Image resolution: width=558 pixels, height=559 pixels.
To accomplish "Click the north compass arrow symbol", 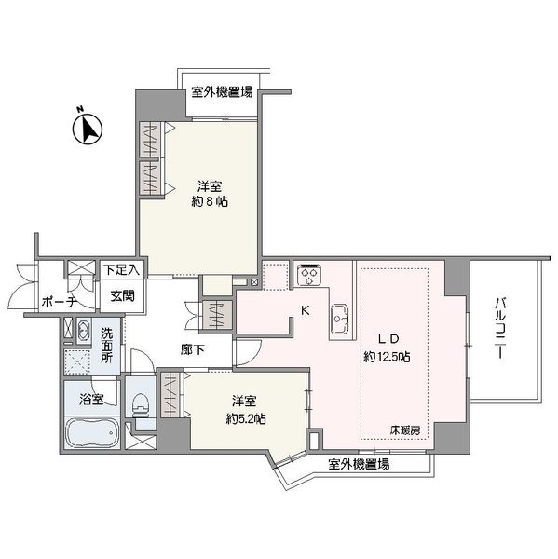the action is tap(88, 129).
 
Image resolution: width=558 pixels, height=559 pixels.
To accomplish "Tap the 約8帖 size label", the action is tap(210, 202).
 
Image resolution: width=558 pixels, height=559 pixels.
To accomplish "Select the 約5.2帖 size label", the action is tap(246, 419).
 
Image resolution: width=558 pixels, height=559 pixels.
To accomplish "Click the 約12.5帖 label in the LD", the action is tap(387, 356).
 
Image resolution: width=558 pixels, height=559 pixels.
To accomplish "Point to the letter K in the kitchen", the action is tap(306, 310).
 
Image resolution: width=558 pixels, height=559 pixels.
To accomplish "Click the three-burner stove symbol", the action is tap(309, 274).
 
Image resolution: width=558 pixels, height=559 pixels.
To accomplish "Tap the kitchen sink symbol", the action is tap(339, 319).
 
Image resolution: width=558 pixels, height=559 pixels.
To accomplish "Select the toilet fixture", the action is tap(141, 405).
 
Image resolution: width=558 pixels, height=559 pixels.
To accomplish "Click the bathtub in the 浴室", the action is tap(93, 432).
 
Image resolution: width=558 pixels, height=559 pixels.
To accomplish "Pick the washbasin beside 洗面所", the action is tap(84, 331).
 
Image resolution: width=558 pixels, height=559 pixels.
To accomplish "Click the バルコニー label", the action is tap(500, 328).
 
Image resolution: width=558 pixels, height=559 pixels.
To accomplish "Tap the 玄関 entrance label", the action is tap(122, 295).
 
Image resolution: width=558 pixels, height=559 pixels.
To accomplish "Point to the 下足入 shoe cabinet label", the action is tap(122, 269).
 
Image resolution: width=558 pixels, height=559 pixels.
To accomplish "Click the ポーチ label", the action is tap(60, 302).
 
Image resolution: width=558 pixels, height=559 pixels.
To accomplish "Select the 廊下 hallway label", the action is tap(193, 349).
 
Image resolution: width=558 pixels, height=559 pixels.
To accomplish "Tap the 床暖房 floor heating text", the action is tap(405, 430).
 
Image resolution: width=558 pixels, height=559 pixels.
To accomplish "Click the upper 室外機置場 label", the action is tap(222, 91).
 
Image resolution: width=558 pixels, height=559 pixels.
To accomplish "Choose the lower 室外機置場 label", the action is tap(359, 464).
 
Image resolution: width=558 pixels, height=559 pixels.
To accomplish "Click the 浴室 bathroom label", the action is tap(91, 399).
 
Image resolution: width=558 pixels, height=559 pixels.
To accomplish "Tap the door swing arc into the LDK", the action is tap(255, 357).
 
